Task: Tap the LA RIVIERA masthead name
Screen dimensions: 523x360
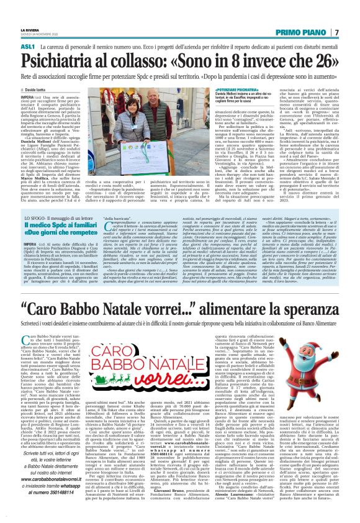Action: tap(29, 29)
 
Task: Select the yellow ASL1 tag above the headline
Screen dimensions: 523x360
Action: tap(27, 47)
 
